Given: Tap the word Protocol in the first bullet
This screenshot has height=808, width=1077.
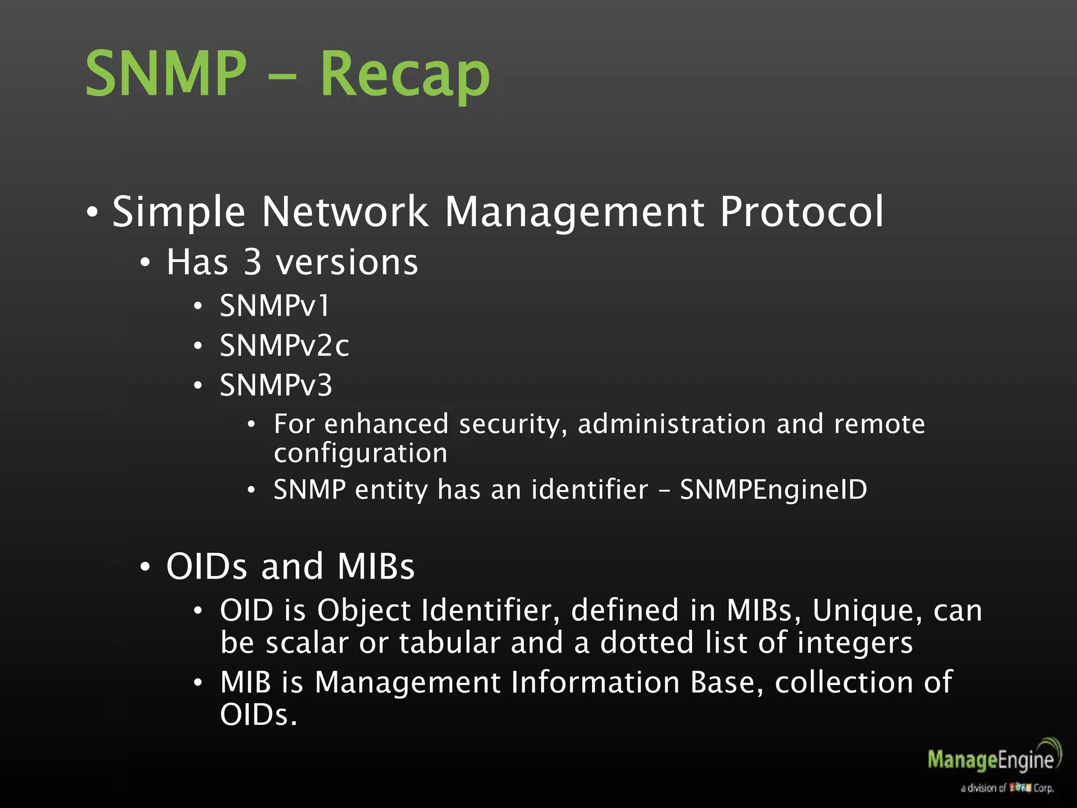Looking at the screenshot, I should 801,211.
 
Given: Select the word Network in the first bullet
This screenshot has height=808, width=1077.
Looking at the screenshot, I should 345,211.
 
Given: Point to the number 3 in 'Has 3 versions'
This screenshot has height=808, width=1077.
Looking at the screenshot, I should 252,262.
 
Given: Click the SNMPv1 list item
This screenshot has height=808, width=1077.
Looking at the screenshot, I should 275,306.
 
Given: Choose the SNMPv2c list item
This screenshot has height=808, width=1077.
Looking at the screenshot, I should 284,346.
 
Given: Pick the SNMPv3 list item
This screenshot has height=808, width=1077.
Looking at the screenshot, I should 276,385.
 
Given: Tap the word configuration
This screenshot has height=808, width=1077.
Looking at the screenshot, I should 360,453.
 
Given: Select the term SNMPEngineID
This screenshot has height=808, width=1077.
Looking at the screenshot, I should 773,490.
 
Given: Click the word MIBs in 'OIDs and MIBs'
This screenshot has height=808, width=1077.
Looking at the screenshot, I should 376,567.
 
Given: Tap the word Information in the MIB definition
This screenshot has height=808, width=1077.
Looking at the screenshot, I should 595,682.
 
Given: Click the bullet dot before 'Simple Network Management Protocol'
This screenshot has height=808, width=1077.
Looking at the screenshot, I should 93,213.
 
